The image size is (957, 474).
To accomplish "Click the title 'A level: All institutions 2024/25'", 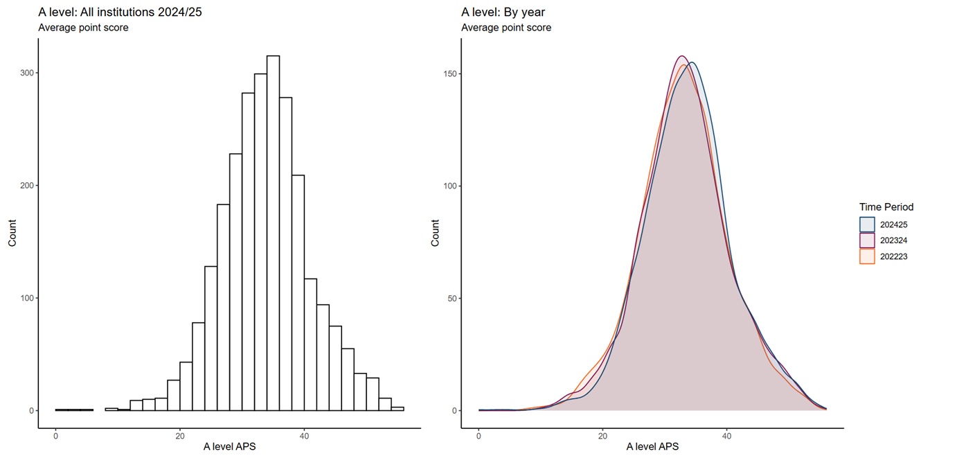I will (120, 12).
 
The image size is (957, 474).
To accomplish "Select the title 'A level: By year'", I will (503, 12).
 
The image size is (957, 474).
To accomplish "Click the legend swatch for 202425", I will (866, 224).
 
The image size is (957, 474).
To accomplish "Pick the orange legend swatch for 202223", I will (866, 256).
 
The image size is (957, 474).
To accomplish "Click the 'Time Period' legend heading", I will (886, 207).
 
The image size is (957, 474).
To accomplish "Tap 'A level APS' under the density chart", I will (652, 447).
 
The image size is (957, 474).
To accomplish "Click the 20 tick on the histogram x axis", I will (180, 436).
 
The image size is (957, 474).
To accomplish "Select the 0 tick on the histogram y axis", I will (31, 410).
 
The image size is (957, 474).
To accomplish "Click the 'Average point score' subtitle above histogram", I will (83, 28).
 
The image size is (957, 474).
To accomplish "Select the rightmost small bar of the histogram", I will (397, 409).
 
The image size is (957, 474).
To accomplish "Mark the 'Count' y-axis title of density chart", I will (436, 234).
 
